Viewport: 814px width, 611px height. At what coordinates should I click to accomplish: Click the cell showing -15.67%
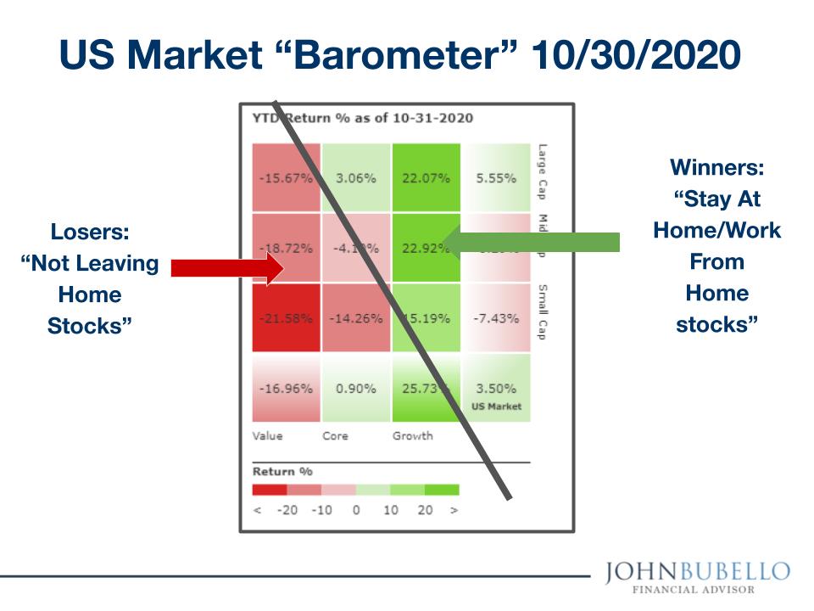tap(286, 177)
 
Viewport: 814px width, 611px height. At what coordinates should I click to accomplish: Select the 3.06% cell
tap(355, 177)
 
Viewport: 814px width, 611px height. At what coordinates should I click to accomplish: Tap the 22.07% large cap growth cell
tap(426, 177)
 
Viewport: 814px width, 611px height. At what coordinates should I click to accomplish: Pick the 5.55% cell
tap(496, 177)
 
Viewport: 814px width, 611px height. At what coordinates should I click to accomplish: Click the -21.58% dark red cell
tap(286, 318)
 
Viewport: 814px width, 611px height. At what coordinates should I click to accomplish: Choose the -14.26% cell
tap(355, 318)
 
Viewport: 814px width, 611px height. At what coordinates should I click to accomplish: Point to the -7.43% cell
tap(496, 318)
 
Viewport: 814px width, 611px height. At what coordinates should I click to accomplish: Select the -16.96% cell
tap(286, 388)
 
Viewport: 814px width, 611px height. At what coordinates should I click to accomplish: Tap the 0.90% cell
tap(355, 388)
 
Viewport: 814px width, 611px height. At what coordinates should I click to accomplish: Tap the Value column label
tap(267, 436)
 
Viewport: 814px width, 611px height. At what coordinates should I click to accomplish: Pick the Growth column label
tap(412, 436)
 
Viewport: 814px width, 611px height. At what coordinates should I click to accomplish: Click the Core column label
tap(335, 436)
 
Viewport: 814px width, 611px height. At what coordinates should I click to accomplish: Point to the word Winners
tap(717, 168)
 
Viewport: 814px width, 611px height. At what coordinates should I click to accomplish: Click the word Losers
tap(89, 232)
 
